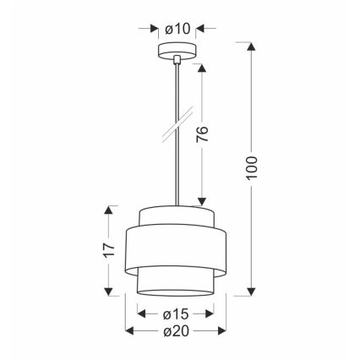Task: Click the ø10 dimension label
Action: (x=178, y=28)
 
